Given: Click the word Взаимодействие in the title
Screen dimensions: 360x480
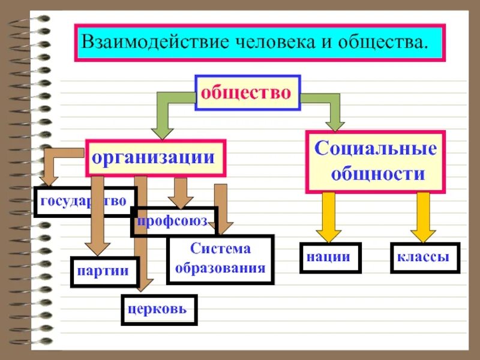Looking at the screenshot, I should coord(151,43).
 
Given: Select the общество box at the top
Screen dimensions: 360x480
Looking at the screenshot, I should coord(246,92).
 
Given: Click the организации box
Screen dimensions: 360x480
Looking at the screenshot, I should coord(155,158).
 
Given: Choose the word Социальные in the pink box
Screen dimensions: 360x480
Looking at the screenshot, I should coord(376,148).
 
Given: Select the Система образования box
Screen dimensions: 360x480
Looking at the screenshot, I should coord(220,259).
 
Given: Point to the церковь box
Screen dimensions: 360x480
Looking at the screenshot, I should coord(158,310).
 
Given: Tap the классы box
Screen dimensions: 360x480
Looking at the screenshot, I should coord(424,257).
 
